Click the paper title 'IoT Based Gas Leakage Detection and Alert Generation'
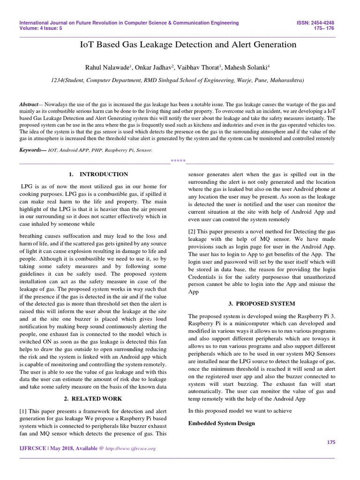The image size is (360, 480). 189,45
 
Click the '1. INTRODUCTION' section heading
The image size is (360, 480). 98,174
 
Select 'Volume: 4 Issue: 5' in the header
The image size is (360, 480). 41,28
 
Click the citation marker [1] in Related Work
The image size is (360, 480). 23,412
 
